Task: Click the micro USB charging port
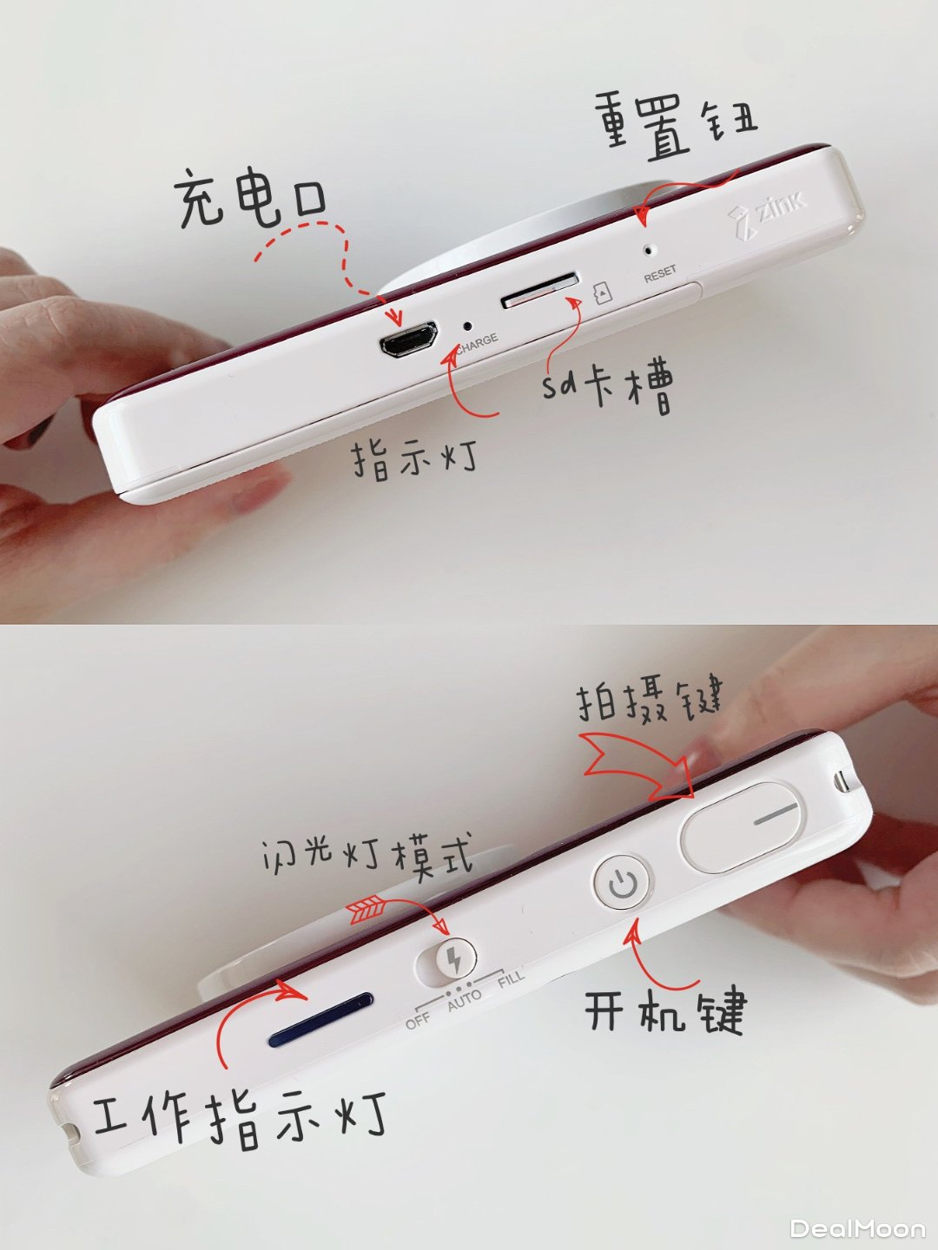[x=408, y=339]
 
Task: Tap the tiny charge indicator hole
[x=467, y=326]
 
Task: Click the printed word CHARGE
[x=478, y=343]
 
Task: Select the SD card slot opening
[x=539, y=291]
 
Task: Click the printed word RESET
[x=660, y=274]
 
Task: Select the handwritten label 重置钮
[x=676, y=126]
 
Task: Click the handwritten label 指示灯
[x=414, y=459]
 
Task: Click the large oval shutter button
[x=739, y=827]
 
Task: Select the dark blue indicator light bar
[x=320, y=1019]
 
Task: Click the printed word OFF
[x=418, y=1021]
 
